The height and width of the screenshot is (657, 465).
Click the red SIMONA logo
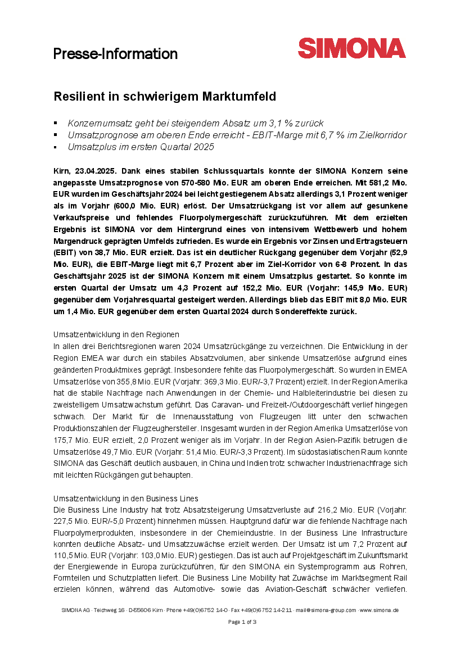tap(351, 48)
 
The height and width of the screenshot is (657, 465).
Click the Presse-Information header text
tap(115, 54)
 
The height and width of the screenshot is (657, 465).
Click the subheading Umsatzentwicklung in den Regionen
tap(116, 334)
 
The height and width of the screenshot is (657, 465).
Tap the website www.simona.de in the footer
tap(380, 610)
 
